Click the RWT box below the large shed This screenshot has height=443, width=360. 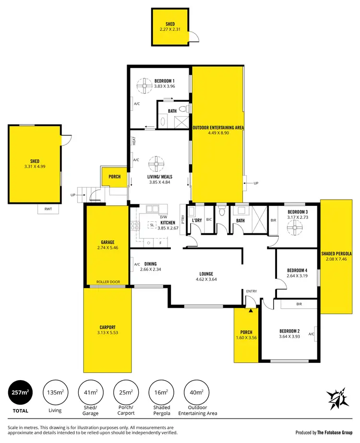[x=48, y=209]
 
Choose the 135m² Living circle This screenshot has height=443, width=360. [x=55, y=392]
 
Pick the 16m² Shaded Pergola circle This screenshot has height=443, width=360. [x=161, y=392]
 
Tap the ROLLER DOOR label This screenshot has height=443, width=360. [x=108, y=282]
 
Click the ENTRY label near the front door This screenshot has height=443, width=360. [x=252, y=291]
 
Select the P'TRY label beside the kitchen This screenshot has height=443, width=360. [x=183, y=219]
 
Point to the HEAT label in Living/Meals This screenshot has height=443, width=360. [x=135, y=141]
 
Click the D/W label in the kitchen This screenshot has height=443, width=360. [x=150, y=217]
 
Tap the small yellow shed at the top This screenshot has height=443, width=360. [x=170, y=27]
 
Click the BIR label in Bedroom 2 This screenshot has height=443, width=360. [x=299, y=304]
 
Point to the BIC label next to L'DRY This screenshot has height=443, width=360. [x=209, y=220]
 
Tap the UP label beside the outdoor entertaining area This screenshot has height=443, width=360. [x=255, y=183]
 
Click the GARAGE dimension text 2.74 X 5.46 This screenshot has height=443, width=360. [x=107, y=249]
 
